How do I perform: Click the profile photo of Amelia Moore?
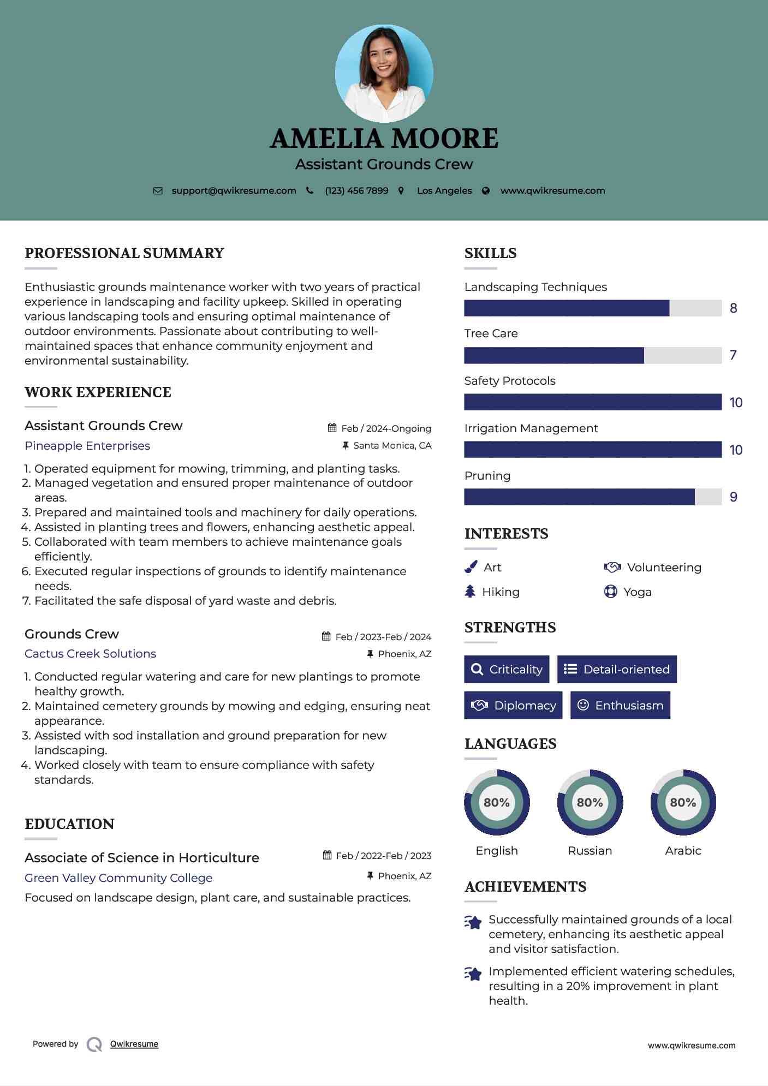tap(384, 73)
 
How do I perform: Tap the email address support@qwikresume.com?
tap(234, 190)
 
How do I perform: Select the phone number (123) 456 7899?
tap(356, 190)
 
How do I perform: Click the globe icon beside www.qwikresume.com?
tap(486, 190)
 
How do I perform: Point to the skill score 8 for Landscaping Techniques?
tap(734, 308)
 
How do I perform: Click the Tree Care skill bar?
tap(593, 355)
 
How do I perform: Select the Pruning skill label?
tap(487, 476)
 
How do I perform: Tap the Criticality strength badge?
tap(507, 669)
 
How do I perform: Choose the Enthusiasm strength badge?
tap(620, 705)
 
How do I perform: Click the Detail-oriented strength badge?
tap(617, 669)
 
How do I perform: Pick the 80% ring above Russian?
tap(590, 802)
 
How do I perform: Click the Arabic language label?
tap(683, 850)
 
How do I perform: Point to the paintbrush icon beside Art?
tap(471, 568)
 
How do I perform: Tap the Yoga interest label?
tap(638, 592)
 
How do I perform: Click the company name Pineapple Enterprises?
tap(87, 446)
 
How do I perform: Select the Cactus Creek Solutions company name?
tap(91, 654)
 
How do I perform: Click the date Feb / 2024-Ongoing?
tap(386, 428)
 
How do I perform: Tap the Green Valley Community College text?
tap(118, 878)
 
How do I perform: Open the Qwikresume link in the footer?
tap(134, 1044)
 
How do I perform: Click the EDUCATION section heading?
tap(70, 824)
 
